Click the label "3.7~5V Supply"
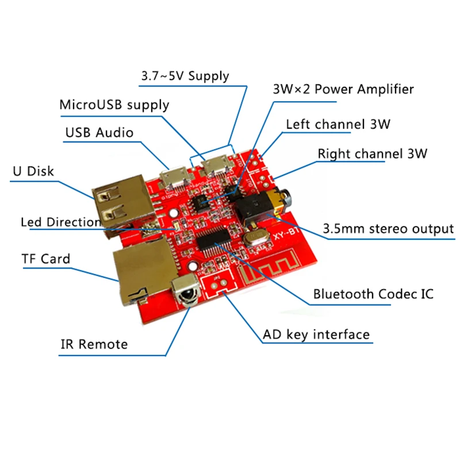tap(185, 76)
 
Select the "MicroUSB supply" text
tap(114, 105)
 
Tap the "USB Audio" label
tap(99, 133)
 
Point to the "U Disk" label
tap(33, 171)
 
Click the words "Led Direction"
tap(60, 222)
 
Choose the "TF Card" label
tap(45, 259)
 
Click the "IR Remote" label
tap(94, 344)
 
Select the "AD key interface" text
tap(316, 334)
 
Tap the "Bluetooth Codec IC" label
tap(373, 294)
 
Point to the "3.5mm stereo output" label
tap(389, 229)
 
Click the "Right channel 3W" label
tap(372, 154)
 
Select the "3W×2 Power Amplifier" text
tap(343, 90)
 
